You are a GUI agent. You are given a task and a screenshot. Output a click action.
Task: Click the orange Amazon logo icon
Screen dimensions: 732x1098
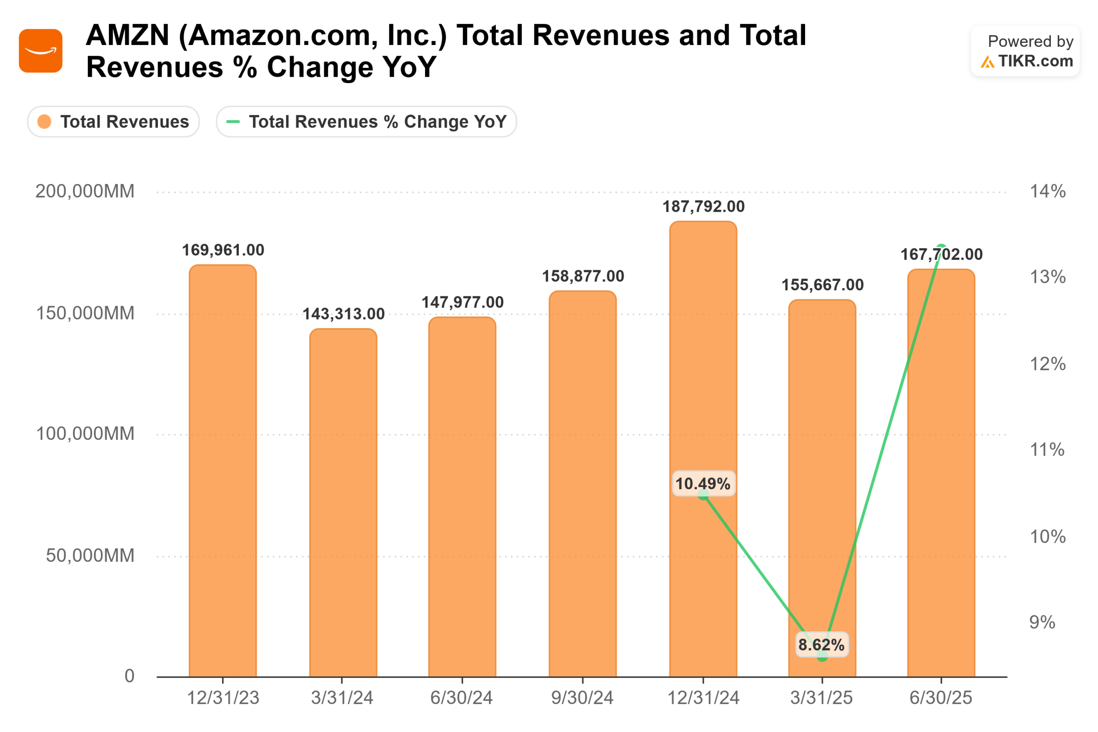pyautogui.click(x=41, y=51)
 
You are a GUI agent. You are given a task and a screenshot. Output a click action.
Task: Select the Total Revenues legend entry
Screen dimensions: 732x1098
pyautogui.click(x=113, y=122)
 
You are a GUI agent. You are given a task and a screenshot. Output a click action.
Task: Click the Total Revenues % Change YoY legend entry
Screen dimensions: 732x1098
pyautogui.click(x=366, y=122)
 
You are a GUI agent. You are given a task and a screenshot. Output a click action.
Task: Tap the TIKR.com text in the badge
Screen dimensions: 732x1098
pyautogui.click(x=1035, y=61)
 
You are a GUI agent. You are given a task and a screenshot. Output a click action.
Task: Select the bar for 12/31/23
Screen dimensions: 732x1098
pyautogui.click(x=223, y=472)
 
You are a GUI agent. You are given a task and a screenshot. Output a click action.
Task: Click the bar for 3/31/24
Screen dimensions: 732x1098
pyautogui.click(x=343, y=504)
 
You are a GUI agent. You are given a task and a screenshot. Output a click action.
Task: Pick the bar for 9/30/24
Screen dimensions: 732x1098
pyautogui.click(x=582, y=485)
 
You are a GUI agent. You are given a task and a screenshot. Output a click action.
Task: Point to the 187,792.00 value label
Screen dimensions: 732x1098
pyautogui.click(x=703, y=207)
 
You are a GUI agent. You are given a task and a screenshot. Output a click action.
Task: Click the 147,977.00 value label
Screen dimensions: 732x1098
pyautogui.click(x=463, y=302)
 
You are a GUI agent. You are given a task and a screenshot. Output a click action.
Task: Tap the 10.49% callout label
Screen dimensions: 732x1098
pyautogui.click(x=703, y=484)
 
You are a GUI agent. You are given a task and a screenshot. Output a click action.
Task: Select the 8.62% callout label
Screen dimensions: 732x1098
pyautogui.click(x=822, y=645)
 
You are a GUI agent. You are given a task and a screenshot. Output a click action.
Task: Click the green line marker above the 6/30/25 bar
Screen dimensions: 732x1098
pyautogui.click(x=941, y=248)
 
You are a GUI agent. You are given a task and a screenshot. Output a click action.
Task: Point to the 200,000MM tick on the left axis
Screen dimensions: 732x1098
pyautogui.click(x=85, y=191)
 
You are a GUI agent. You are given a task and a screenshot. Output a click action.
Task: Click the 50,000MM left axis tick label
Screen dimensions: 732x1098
pyautogui.click(x=90, y=555)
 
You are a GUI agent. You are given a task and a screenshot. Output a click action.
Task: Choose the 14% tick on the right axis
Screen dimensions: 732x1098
pyautogui.click(x=1047, y=191)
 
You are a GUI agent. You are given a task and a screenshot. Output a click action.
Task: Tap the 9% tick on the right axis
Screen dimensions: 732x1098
pyautogui.click(x=1042, y=622)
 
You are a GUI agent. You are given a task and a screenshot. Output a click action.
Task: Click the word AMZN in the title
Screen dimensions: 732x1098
pyautogui.click(x=127, y=36)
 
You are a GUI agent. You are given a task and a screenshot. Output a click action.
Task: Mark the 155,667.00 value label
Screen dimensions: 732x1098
pyautogui.click(x=823, y=285)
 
